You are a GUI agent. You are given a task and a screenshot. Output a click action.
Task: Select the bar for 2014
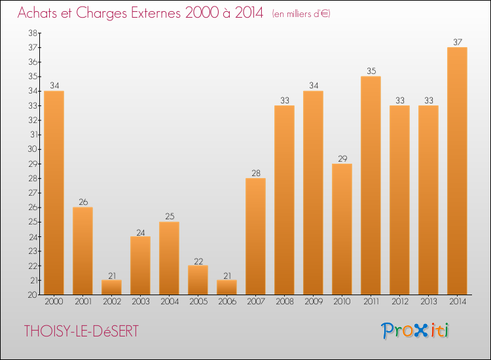[x=457, y=171]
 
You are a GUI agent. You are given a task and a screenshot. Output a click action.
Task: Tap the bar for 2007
[x=255, y=236]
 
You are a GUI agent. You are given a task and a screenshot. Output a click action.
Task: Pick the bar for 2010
[x=342, y=229]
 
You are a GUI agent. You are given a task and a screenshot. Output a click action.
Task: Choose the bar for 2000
[x=54, y=192]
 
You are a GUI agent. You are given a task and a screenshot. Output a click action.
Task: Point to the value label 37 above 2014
[x=457, y=42]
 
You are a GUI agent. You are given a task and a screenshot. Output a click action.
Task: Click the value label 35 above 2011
[x=371, y=71]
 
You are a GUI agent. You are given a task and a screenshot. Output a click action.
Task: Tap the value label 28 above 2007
[x=255, y=173]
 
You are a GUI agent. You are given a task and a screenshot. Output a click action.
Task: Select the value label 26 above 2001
[x=82, y=202]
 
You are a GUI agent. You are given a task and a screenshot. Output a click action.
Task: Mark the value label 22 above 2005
[x=198, y=260]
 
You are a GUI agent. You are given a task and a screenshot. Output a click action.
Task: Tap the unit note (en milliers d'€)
[x=301, y=14]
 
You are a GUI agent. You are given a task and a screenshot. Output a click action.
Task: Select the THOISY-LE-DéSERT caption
[x=81, y=331]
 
